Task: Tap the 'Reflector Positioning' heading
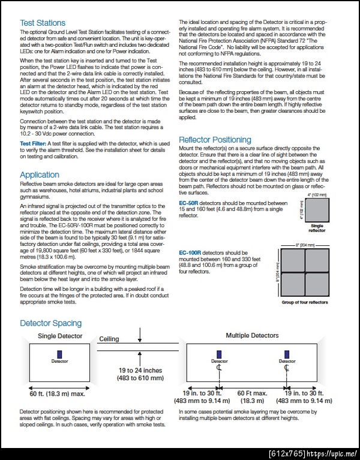(x=215, y=140)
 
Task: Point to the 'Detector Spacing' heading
(x=50, y=323)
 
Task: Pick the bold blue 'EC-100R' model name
(x=191, y=253)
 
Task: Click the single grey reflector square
(x=316, y=211)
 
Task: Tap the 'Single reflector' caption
(x=316, y=227)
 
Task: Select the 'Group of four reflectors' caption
(x=304, y=302)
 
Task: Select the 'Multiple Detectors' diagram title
(x=252, y=335)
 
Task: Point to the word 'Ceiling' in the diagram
(x=109, y=339)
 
